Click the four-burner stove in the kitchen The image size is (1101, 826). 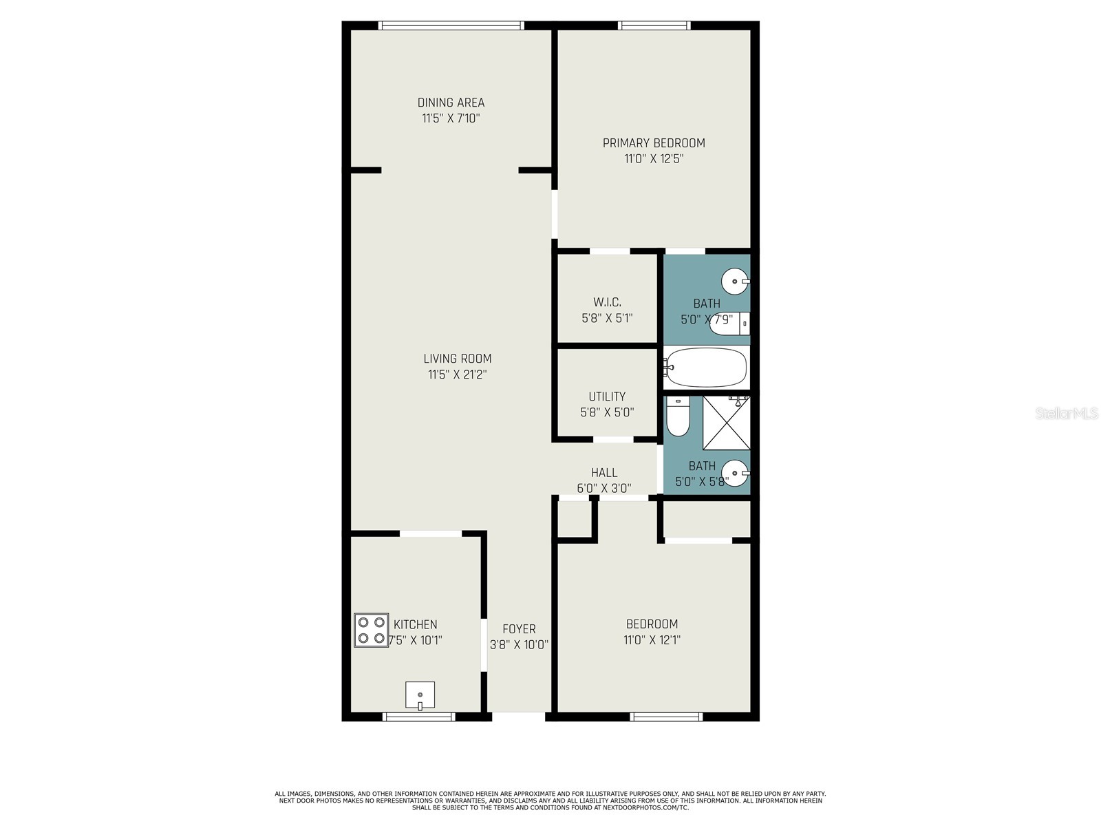pos(371,630)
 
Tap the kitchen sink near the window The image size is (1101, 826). pos(420,695)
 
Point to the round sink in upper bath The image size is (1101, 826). pos(735,282)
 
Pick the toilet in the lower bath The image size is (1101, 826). pos(677,417)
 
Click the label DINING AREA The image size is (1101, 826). pos(451,103)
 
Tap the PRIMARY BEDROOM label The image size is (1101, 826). pos(654,143)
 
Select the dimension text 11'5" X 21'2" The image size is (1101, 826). pos(458,374)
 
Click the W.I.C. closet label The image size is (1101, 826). pos(607,302)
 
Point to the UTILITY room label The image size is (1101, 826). pos(607,396)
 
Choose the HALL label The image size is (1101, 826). pos(604,472)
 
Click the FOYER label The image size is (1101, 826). pos(519,628)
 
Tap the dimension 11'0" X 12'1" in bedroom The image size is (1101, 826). pos(652,640)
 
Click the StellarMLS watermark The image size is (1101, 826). pos(1067,414)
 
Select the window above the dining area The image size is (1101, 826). pos(451,25)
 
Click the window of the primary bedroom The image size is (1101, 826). pos(654,25)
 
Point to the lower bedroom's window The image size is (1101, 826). pos(666,717)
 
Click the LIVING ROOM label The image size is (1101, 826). pos(458,359)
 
